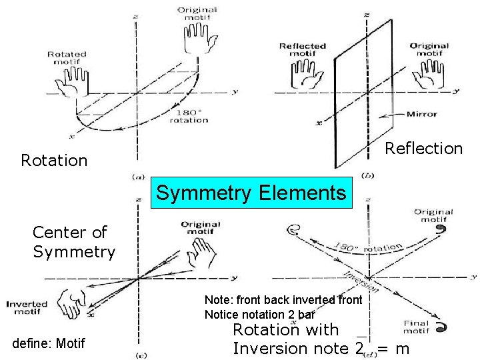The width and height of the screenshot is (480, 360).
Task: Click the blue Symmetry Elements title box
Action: click(251, 193)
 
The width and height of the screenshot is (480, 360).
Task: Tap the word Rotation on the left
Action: click(54, 161)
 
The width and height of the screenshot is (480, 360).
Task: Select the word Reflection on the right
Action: click(424, 149)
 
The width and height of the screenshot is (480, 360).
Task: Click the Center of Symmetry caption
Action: click(74, 242)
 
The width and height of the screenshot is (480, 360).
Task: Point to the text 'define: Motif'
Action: click(49, 344)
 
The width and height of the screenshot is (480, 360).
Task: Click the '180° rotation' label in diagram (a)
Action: click(189, 116)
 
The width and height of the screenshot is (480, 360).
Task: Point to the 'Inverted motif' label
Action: click(27, 308)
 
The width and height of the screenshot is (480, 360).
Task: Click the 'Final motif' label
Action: click(416, 327)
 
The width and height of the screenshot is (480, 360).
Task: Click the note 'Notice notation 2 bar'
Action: click(259, 314)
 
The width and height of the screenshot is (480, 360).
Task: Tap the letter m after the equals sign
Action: click(401, 348)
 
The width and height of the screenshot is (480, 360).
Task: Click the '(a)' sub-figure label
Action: click(139, 177)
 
